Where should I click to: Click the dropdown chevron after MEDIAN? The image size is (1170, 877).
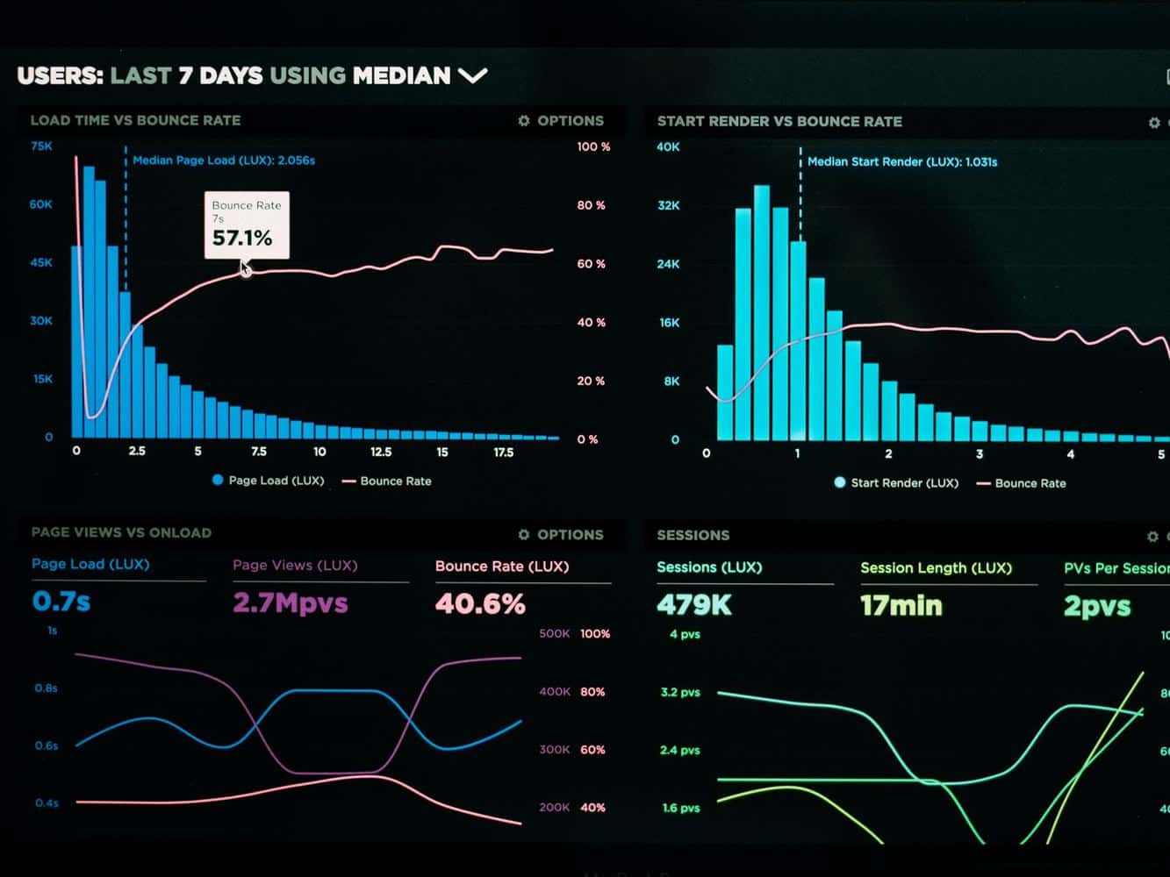coord(473,76)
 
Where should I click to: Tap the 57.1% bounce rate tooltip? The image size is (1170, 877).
coord(247,225)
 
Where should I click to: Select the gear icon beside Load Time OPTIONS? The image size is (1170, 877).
coord(524,121)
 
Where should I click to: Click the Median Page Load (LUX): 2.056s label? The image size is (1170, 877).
coord(224,160)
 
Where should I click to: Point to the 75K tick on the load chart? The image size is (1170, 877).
coord(41,146)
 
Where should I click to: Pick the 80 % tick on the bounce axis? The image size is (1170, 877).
coord(591,205)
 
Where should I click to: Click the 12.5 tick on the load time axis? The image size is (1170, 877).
coord(381,452)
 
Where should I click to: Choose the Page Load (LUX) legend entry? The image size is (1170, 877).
coord(268,481)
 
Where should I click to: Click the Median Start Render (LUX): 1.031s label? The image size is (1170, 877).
coord(901,161)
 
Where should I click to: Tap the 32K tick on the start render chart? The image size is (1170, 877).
coord(668,205)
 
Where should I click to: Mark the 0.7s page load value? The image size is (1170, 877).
coord(61,602)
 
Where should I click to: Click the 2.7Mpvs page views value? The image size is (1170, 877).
coord(290,603)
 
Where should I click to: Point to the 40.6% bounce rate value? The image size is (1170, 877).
coord(480,603)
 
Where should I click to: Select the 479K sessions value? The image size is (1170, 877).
coord(694,605)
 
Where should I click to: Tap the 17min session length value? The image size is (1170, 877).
coord(901,606)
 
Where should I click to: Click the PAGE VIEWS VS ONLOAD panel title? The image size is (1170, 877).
coord(121,532)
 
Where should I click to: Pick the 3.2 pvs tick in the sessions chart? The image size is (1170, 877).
coord(680,692)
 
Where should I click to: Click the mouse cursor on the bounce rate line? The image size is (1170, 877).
coord(246,268)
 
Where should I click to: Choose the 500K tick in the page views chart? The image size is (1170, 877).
coord(554,633)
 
